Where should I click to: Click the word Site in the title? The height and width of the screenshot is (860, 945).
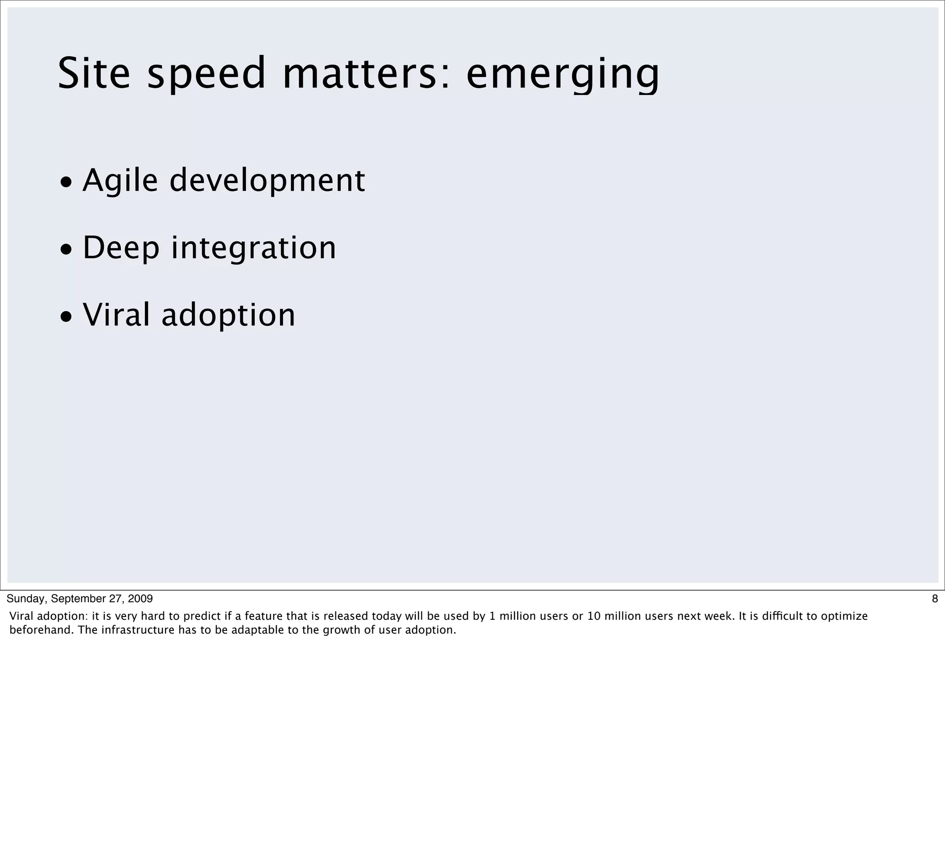click(94, 73)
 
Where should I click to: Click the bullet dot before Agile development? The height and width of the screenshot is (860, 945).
click(66, 182)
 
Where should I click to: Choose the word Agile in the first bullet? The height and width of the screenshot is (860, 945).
click(120, 181)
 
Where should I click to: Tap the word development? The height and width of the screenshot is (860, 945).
click(267, 181)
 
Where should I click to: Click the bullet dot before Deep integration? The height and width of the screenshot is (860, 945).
click(66, 249)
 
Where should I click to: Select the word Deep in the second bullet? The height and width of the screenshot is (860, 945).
click(121, 249)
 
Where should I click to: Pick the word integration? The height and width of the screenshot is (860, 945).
click(254, 248)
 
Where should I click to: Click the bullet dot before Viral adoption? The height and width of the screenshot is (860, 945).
click(66, 317)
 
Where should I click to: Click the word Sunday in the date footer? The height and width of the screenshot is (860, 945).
click(26, 599)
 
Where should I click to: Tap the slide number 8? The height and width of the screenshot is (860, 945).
click(935, 599)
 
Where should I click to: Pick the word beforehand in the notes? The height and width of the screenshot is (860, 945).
click(40, 630)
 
